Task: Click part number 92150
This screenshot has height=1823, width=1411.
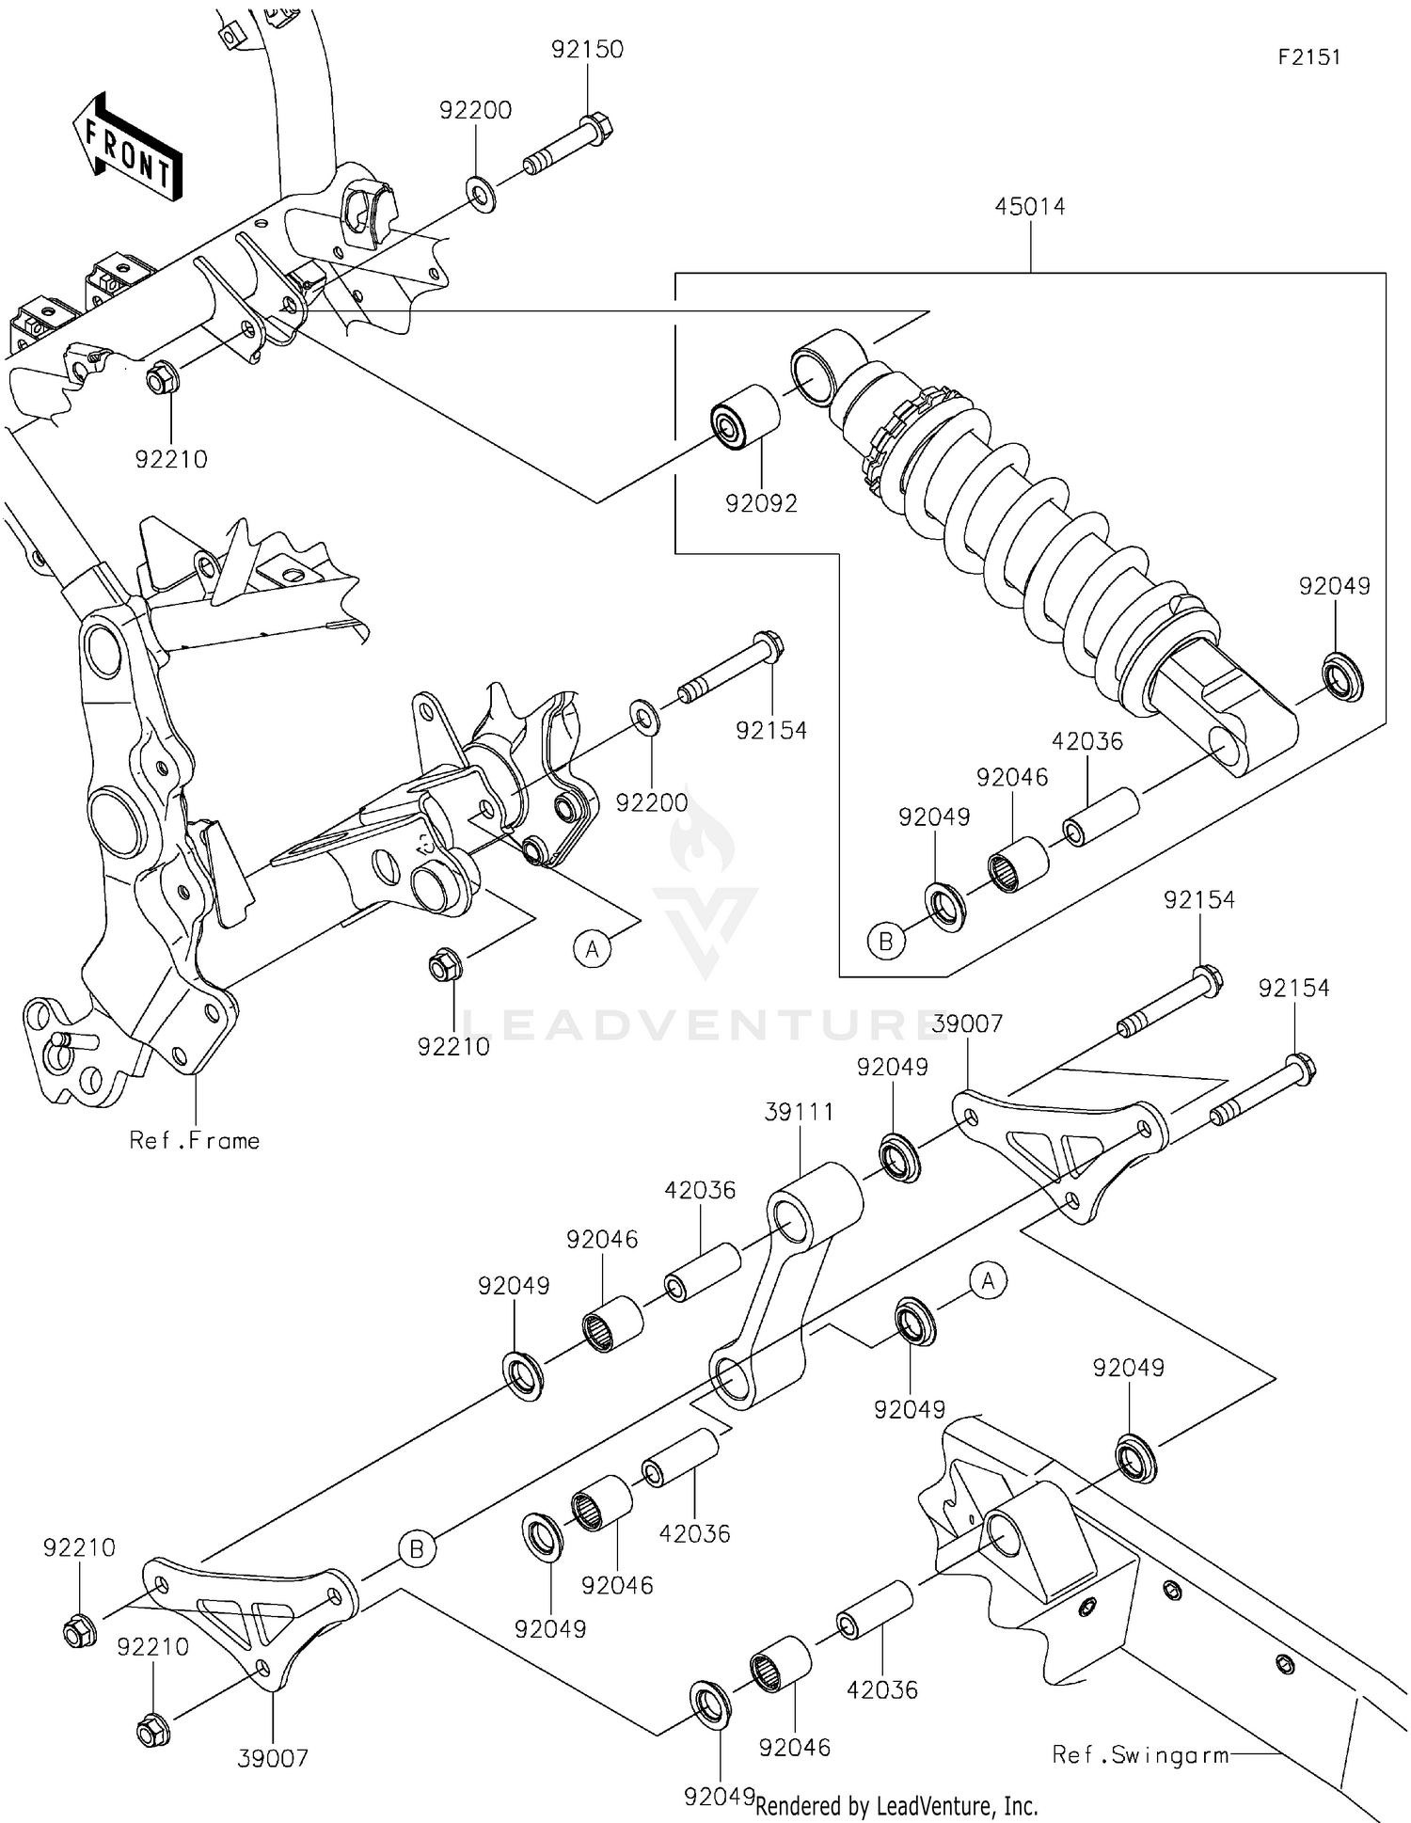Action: coord(587,49)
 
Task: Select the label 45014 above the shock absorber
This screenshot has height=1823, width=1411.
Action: coord(1030,206)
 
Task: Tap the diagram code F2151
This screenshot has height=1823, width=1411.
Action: coord(1308,57)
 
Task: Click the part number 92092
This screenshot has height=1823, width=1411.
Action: coord(761,503)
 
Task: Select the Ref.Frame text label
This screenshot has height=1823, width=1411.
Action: coord(195,1140)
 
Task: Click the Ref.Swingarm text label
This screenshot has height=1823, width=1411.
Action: coord(1140,1754)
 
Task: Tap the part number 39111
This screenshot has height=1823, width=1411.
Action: coord(799,1112)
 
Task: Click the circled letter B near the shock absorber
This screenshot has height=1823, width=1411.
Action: coord(885,940)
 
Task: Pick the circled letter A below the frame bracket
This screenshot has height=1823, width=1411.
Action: coord(592,949)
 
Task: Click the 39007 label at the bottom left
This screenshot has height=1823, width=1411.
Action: coord(273,1757)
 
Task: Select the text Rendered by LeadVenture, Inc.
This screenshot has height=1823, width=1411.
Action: coord(896,1806)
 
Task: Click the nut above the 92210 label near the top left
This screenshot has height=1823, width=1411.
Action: coord(159,381)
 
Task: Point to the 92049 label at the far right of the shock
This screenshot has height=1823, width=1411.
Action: coord(1334,586)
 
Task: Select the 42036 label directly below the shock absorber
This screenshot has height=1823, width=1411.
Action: coord(1086,741)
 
